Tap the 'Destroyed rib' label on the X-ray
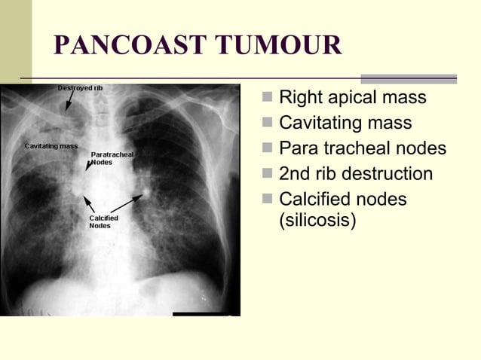pyautogui.click(x=81, y=88)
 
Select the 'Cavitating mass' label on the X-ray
pyautogui.click(x=51, y=145)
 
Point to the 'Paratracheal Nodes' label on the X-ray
pyautogui.click(x=112, y=158)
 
